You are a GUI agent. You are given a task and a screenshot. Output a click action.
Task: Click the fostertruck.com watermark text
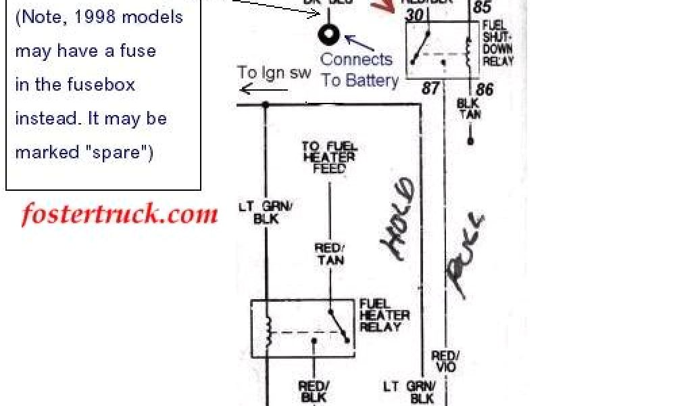click(120, 215)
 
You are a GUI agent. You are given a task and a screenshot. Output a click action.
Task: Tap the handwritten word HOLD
click(399, 220)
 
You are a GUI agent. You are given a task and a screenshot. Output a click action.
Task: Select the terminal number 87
click(430, 89)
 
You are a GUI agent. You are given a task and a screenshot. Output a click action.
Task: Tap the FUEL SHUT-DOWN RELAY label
click(498, 43)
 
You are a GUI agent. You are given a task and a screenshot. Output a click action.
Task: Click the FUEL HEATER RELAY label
click(384, 316)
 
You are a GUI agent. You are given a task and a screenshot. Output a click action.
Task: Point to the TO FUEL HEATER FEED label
click(329, 158)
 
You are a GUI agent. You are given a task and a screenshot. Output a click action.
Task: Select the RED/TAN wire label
click(329, 254)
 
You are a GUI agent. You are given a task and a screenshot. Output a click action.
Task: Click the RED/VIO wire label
click(446, 361)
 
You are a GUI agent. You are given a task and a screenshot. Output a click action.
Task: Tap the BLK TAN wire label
click(469, 110)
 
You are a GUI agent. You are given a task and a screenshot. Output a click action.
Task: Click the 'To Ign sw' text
click(273, 73)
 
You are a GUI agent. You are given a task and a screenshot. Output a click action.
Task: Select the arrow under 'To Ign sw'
click(255, 89)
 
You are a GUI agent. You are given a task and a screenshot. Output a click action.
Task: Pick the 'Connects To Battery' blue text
click(358, 70)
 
